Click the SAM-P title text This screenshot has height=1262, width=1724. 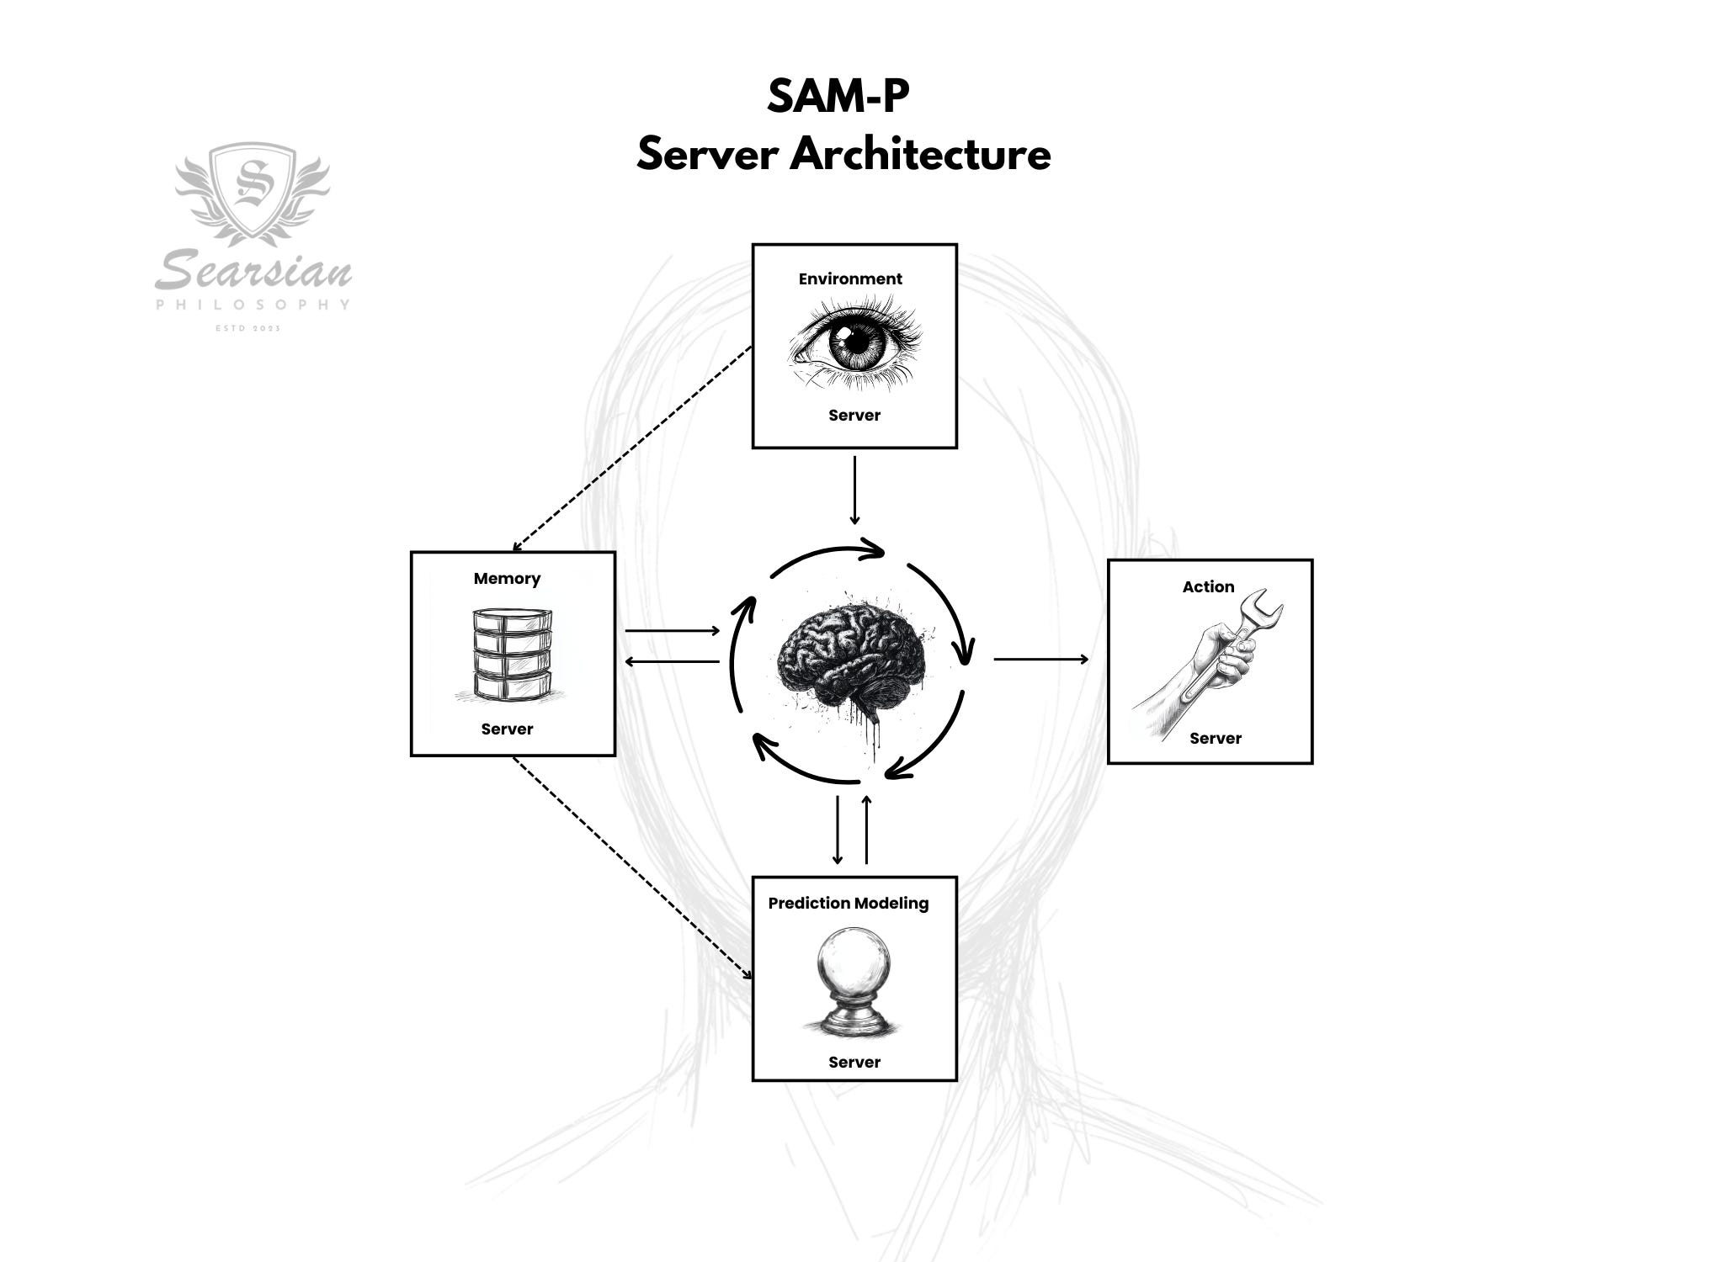838,97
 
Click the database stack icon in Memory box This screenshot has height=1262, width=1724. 512,655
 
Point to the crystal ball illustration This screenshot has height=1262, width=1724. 853,980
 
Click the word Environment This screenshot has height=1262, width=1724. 850,278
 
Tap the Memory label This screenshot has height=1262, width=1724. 507,578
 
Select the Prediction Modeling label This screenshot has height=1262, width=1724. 848,903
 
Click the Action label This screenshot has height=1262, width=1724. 1208,586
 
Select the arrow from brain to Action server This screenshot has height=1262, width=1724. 1040,659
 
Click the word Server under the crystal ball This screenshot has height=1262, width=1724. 854,1062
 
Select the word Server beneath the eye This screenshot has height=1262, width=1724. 854,415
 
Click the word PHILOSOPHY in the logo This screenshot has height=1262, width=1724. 253,305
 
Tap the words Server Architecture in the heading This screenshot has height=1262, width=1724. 843,155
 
